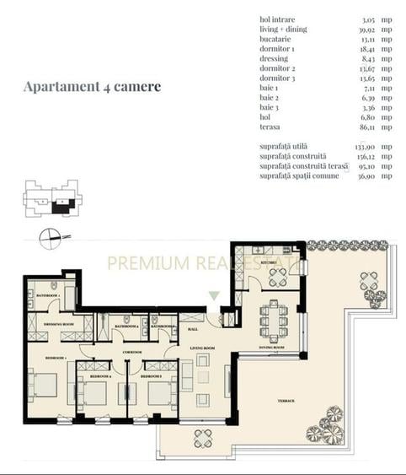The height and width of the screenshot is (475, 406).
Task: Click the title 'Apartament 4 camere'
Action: pos(92,86)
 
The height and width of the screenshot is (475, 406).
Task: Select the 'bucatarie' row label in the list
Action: pos(277,39)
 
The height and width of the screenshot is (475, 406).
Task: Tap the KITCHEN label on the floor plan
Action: pos(269,262)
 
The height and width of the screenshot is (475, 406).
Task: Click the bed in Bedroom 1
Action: pos(44,384)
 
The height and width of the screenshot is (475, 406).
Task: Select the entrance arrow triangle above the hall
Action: pos(214,295)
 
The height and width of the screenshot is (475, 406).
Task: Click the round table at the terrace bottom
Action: pos(203,438)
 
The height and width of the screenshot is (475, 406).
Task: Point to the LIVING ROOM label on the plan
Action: pos(202,348)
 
